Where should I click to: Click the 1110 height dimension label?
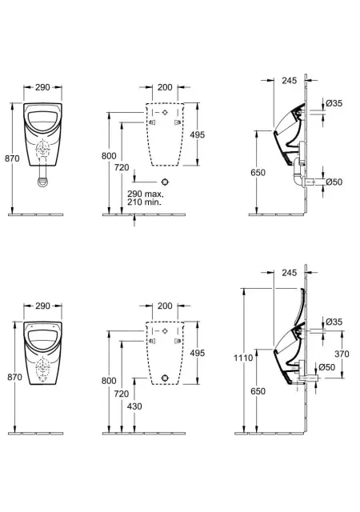tap(243, 358)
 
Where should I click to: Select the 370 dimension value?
tap(342, 354)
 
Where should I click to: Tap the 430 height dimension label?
tap(134, 406)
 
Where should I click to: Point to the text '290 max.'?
tap(146, 194)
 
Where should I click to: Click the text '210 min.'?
tap(144, 202)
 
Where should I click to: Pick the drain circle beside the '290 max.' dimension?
tap(166, 182)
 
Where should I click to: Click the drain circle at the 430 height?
tap(166, 378)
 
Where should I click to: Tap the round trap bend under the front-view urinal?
tap(42, 182)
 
